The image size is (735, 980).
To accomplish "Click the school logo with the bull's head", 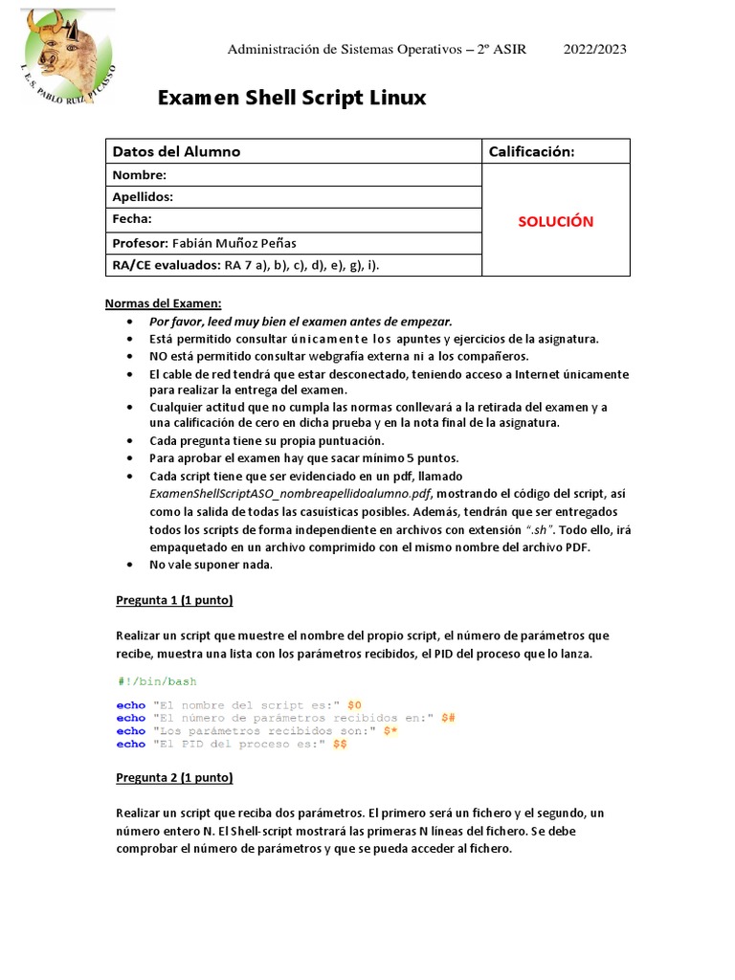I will [65, 56].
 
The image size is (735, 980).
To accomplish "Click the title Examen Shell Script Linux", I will [291, 99].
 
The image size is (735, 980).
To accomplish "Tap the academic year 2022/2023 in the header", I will [594, 49].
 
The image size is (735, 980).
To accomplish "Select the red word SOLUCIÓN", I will [556, 221].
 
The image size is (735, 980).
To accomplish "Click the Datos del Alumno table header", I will [177, 151].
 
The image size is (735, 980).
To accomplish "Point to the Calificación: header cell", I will [531, 151].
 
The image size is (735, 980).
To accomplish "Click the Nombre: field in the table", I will [140, 174].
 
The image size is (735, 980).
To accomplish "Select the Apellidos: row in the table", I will [143, 196].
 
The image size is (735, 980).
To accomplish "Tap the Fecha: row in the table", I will [133, 218].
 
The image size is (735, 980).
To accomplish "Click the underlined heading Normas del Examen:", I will [163, 303].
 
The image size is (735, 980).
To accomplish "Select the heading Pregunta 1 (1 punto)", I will [174, 600].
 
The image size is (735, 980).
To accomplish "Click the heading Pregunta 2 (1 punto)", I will [174, 777].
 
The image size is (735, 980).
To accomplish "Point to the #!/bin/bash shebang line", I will [157, 680].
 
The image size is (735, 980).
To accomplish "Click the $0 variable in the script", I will [354, 704].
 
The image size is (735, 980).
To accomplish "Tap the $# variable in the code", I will [448, 718].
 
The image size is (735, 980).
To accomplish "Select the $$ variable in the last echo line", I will [340, 744].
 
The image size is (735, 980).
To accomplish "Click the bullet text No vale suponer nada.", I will [212, 565].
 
